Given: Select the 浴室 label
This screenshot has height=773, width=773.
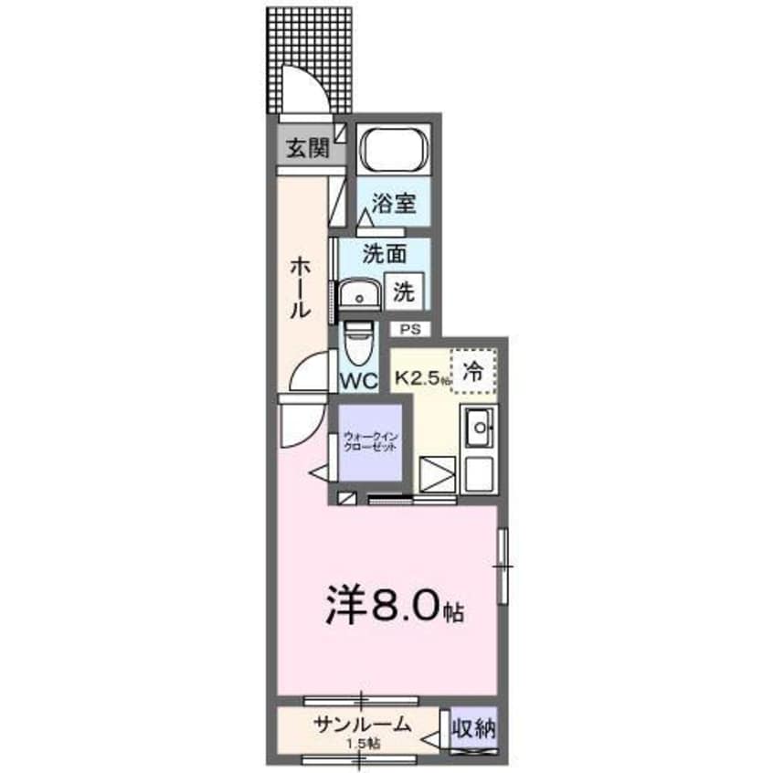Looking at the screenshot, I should coord(394,203).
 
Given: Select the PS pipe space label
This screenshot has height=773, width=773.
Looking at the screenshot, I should coord(407,327).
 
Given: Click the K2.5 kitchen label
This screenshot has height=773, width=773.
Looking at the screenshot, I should coord(422,376).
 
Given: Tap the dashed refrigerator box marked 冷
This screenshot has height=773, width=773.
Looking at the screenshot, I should coord(472,371).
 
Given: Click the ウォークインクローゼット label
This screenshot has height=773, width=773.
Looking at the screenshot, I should coord(370,443).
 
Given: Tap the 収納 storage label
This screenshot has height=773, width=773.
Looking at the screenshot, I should coord(473,729).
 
